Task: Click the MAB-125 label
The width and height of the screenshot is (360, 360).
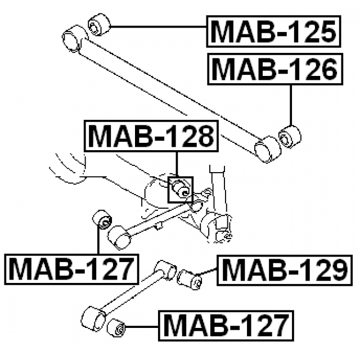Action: tap(273, 32)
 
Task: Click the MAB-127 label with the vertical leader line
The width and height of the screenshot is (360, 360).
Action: tap(71, 269)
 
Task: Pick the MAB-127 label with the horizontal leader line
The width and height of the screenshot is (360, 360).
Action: tap(226, 325)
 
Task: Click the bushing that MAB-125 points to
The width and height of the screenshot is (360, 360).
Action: tap(100, 25)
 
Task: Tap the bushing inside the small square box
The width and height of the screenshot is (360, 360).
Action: tap(181, 188)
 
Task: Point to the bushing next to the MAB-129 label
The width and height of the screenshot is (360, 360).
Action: tap(190, 279)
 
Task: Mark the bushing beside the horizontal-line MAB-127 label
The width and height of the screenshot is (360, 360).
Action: tap(116, 327)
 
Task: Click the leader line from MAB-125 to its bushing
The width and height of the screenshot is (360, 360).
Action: tap(157, 26)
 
